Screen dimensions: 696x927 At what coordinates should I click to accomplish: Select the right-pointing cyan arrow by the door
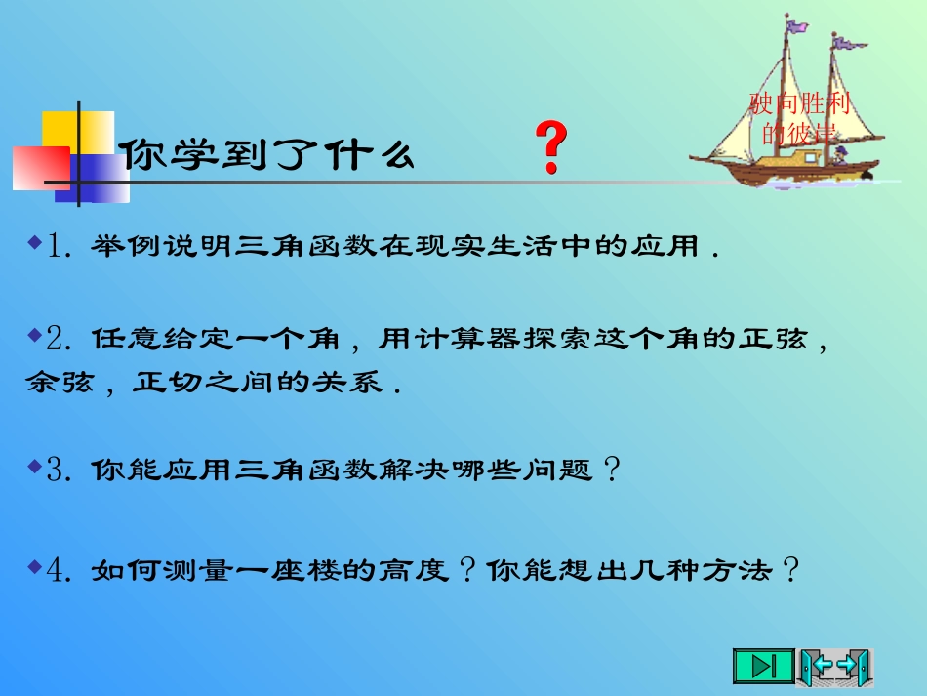click(x=847, y=666)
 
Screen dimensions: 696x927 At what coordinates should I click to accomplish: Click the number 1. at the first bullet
click(x=62, y=248)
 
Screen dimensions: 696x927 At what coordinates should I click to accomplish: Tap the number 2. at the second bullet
click(x=62, y=339)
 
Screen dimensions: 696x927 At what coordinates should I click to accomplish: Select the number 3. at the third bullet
click(x=62, y=471)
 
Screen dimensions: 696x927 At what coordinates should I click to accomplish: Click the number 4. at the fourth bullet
click(x=62, y=570)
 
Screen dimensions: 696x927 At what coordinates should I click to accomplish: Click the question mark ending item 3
click(x=612, y=471)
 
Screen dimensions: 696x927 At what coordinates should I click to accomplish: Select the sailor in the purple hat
click(x=839, y=153)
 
